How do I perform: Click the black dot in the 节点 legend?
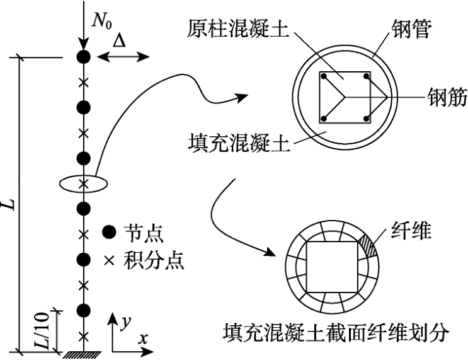(x=109, y=232)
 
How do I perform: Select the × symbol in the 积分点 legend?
(x=109, y=260)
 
